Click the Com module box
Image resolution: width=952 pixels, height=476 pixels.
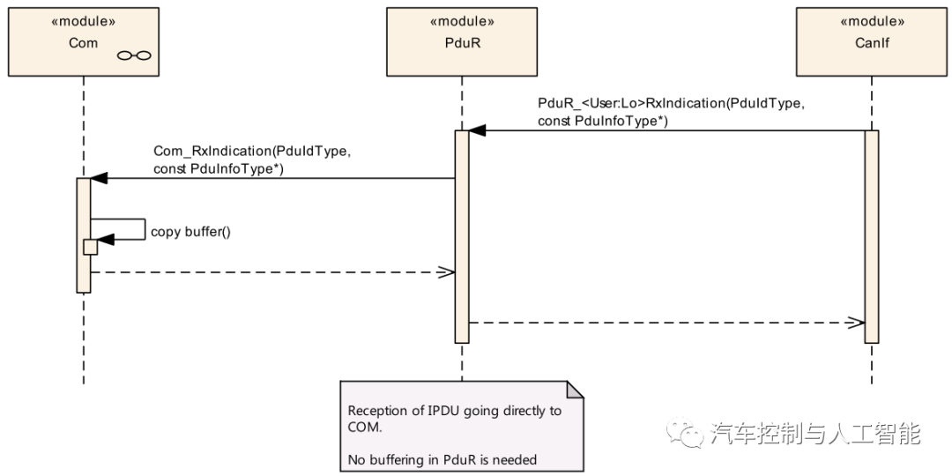(83, 41)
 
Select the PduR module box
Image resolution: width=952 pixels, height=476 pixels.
(461, 41)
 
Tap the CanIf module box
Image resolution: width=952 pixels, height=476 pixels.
(872, 41)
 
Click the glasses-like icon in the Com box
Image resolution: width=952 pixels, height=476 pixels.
(134, 56)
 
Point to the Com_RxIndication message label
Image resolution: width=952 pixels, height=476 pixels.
(252, 160)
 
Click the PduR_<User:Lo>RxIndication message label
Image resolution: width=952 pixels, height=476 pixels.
(671, 112)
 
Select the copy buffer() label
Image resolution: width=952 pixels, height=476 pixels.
(190, 232)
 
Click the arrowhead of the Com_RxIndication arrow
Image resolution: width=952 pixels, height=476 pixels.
(98, 178)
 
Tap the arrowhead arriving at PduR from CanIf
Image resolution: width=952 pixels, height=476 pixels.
(477, 130)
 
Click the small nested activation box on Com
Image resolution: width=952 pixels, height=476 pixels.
(90, 247)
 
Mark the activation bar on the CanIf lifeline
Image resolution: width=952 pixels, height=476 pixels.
(872, 236)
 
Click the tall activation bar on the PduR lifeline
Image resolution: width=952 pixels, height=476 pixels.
(462, 236)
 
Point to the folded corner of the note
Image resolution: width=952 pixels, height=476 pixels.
(575, 390)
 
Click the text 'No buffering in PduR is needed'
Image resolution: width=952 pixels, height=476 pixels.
(442, 459)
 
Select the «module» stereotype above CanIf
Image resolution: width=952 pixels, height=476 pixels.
(872, 21)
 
